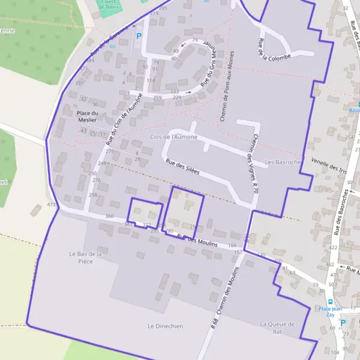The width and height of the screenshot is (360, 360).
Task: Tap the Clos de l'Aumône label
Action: (x=173, y=137)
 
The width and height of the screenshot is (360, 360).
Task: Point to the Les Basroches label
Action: (x=281, y=162)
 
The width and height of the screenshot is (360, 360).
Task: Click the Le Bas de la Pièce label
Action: (x=85, y=257)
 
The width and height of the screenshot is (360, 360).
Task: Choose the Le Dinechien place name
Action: (x=165, y=326)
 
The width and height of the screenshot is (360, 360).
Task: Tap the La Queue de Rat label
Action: (x=278, y=328)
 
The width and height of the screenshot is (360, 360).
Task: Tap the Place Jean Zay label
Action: (x=327, y=312)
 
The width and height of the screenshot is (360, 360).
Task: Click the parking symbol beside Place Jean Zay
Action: (x=343, y=322)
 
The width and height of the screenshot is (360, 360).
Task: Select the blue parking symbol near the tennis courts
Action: (x=139, y=36)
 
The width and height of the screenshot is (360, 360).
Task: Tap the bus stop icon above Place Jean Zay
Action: (x=329, y=301)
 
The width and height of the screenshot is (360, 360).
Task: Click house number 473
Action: (x=51, y=205)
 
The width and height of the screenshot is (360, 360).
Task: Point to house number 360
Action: (x=109, y=216)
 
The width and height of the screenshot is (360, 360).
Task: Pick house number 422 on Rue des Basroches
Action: (x=333, y=247)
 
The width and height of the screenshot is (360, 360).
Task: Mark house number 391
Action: (x=80, y=83)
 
